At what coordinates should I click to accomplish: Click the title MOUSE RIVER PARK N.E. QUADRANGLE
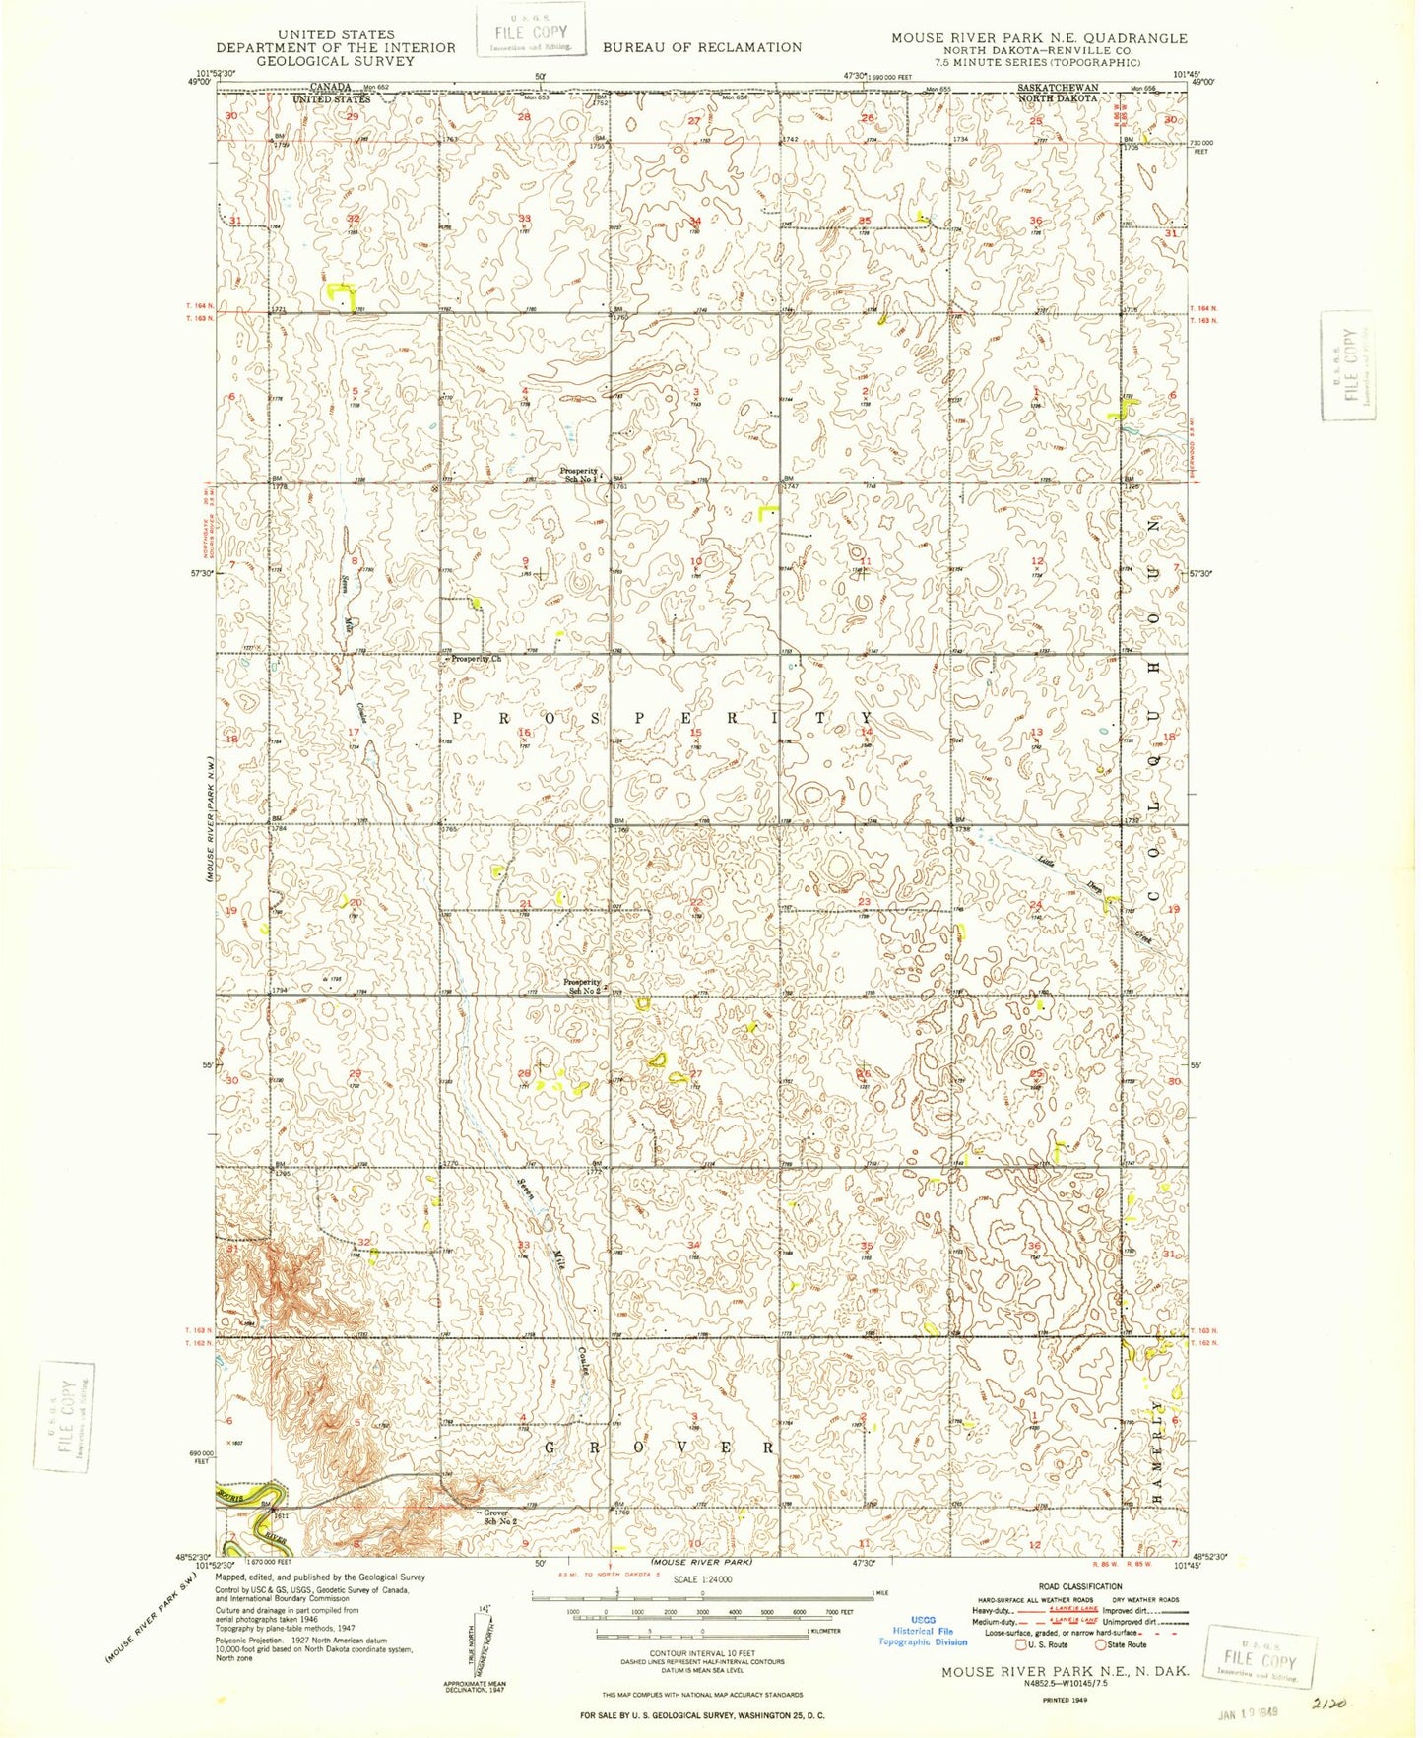[1039, 38]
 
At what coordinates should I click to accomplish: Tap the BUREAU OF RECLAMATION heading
[702, 47]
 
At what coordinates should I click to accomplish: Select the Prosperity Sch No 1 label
[579, 474]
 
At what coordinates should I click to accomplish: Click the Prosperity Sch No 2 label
[581, 986]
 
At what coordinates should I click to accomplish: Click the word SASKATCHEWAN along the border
[1058, 88]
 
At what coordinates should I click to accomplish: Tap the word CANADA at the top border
[332, 87]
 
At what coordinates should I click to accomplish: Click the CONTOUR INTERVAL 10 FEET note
[702, 1653]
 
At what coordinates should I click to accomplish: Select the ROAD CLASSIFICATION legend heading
[1080, 1586]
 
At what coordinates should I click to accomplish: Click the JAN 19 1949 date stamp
[1248, 1713]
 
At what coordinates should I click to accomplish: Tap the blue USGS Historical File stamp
[923, 1631]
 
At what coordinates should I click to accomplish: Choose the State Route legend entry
[1122, 1644]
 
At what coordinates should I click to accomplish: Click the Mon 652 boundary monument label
[375, 88]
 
